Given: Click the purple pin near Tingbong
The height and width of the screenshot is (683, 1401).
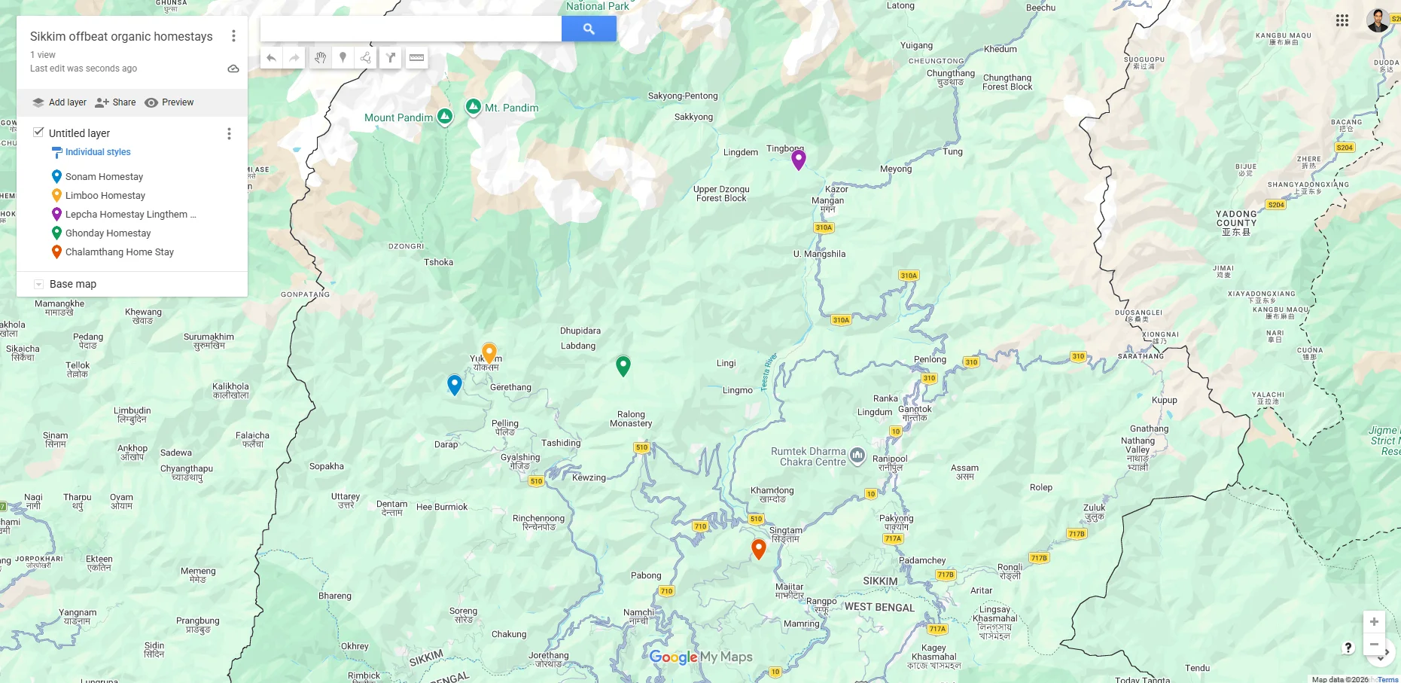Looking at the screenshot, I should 799,158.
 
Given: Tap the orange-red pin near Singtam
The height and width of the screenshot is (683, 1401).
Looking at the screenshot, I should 759,548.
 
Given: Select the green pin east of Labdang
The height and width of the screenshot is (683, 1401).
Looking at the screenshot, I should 623,365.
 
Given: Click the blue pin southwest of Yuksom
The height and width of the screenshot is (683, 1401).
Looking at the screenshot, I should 455,384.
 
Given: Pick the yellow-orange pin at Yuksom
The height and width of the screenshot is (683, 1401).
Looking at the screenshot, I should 489,352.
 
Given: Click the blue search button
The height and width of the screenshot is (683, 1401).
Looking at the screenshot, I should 589,29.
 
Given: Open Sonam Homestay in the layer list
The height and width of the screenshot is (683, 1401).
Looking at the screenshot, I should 104,177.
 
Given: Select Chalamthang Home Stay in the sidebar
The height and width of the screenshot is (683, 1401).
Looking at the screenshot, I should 119,252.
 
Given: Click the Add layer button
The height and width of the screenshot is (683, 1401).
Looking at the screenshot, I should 59,102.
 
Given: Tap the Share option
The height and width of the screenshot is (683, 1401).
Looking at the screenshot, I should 116,102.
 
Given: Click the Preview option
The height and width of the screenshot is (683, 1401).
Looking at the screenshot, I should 169,102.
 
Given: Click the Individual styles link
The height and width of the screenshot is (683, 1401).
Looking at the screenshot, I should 98,152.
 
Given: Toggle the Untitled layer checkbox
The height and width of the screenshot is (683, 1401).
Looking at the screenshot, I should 38,133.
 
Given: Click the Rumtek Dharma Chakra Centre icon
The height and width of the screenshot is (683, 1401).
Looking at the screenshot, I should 857,455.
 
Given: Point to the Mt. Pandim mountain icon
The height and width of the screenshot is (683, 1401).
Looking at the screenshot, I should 474,107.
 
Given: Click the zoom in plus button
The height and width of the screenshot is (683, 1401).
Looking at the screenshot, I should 1374,621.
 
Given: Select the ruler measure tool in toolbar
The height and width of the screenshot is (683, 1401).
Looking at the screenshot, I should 416,58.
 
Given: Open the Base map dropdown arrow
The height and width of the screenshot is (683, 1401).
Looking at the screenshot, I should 38,284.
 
